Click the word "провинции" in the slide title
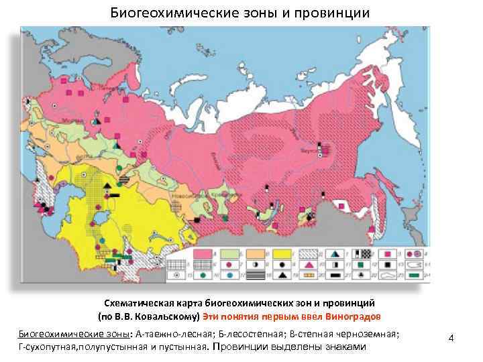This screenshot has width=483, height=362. pos(335,13)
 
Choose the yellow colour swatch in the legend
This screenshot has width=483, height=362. pos(280,253)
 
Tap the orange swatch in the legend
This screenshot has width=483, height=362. pos(254,253)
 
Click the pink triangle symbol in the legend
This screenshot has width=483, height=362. pos(308,264)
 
